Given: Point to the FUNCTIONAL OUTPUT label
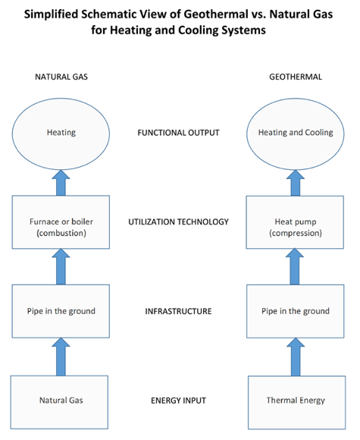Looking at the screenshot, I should pos(179,133).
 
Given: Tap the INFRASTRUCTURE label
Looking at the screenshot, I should pos(179,311).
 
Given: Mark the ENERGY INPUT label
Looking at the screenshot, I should pos(179,399).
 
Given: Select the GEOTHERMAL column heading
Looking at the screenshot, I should pos(296,77).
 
